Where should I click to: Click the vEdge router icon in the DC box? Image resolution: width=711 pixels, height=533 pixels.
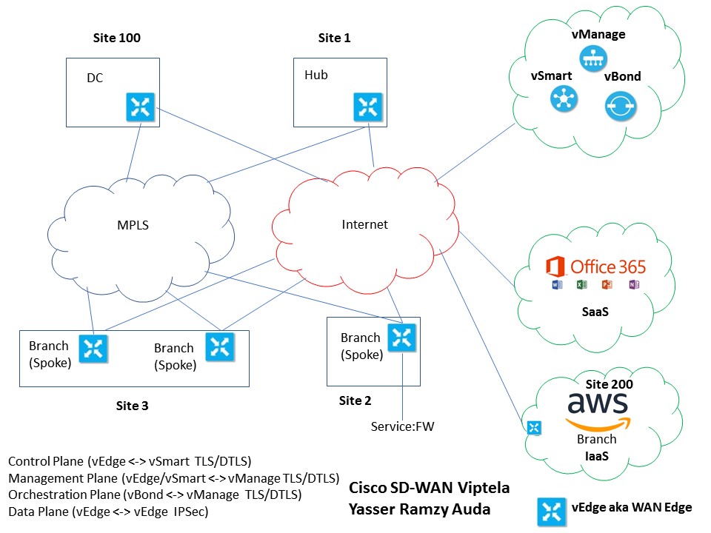139,107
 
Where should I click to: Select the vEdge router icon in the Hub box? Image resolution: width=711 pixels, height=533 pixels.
367,107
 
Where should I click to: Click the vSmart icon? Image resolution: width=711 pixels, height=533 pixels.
564,98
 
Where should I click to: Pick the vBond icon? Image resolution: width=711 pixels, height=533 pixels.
620,107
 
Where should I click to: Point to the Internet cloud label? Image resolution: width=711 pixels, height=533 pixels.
364,224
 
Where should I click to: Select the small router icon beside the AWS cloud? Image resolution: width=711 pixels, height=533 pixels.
534,428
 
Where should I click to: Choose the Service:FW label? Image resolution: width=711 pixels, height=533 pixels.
400,426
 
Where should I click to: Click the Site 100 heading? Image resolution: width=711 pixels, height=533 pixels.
116,37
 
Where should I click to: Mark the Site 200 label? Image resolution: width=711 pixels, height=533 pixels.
610,384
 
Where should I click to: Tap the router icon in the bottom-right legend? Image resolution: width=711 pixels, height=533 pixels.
551,510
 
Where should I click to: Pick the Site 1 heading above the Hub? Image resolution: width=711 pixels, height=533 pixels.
334,37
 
